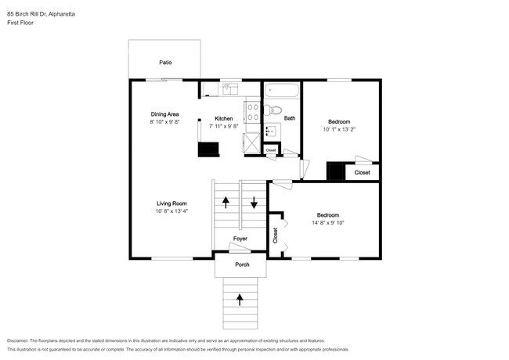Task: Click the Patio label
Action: point(165,63)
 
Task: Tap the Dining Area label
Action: point(164,114)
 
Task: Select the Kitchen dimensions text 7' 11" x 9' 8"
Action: point(224,126)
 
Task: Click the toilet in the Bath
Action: point(273,110)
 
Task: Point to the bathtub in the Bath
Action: point(281,90)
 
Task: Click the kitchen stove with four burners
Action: point(253,112)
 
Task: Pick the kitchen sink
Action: point(229,89)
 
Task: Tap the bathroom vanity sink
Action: point(272,131)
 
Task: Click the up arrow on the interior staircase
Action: point(226,203)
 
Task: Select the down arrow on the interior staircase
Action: point(254,203)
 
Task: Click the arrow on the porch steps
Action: point(240,300)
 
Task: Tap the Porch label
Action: point(242,265)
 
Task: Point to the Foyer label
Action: point(240,239)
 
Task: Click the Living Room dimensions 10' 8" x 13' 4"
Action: point(171,211)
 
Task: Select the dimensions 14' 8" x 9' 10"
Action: point(328,223)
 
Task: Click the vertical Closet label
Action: point(276,236)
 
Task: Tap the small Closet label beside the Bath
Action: point(271,150)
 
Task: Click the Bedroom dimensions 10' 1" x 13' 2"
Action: point(339,129)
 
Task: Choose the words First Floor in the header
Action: point(20,23)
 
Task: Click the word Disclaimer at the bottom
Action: point(18,341)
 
